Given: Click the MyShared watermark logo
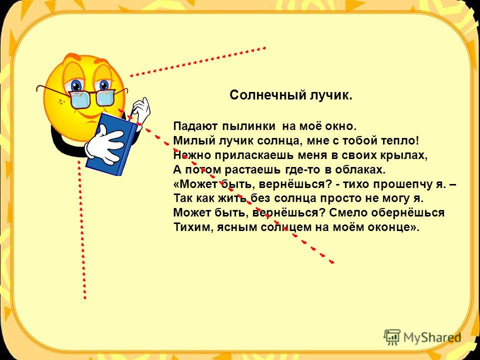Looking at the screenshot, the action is (x=422, y=337).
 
